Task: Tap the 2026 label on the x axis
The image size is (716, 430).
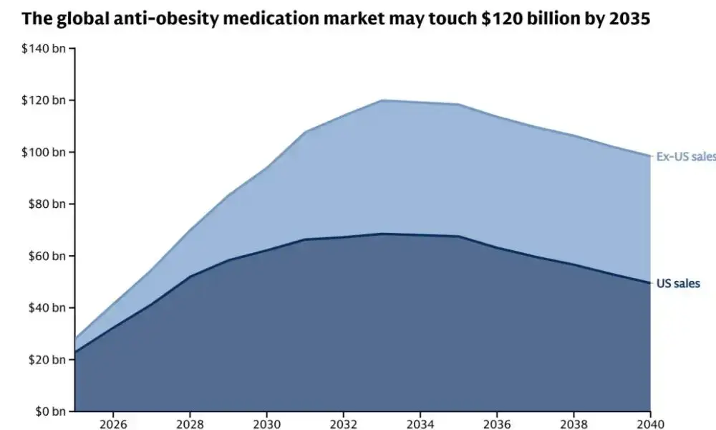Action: [x=113, y=424]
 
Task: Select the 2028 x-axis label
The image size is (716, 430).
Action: [x=190, y=424]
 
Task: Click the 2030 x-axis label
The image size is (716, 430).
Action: [x=266, y=424]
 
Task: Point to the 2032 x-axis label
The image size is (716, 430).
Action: [x=344, y=424]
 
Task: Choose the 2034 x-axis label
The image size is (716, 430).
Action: [x=420, y=424]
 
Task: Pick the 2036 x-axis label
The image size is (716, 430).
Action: [x=497, y=424]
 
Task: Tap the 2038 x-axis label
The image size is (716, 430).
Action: [x=574, y=424]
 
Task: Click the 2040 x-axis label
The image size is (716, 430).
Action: [x=650, y=424]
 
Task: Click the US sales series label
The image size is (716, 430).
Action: [x=678, y=284]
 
